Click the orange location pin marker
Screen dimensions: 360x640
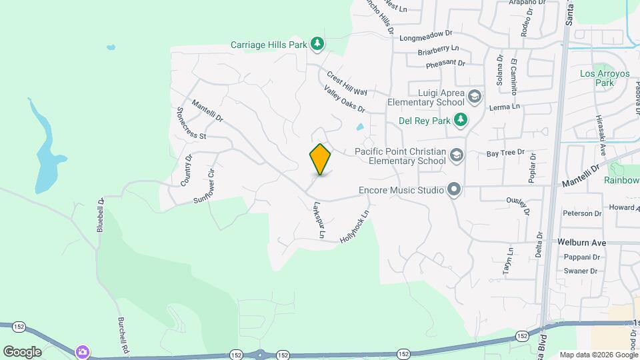coord(320,159)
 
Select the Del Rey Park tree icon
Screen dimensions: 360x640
coord(460,120)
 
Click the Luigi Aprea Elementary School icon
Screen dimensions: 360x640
coord(474,97)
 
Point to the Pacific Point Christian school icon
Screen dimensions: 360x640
coord(457,156)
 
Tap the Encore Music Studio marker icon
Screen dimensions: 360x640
coord(454,190)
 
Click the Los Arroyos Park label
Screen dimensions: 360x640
coord(595,78)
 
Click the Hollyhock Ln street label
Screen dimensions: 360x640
coord(354,227)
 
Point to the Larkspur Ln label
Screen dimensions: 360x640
coord(319,220)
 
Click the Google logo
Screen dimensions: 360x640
coord(22,351)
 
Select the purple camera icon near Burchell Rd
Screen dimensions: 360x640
coord(83,351)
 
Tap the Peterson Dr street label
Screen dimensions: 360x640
coord(582,213)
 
